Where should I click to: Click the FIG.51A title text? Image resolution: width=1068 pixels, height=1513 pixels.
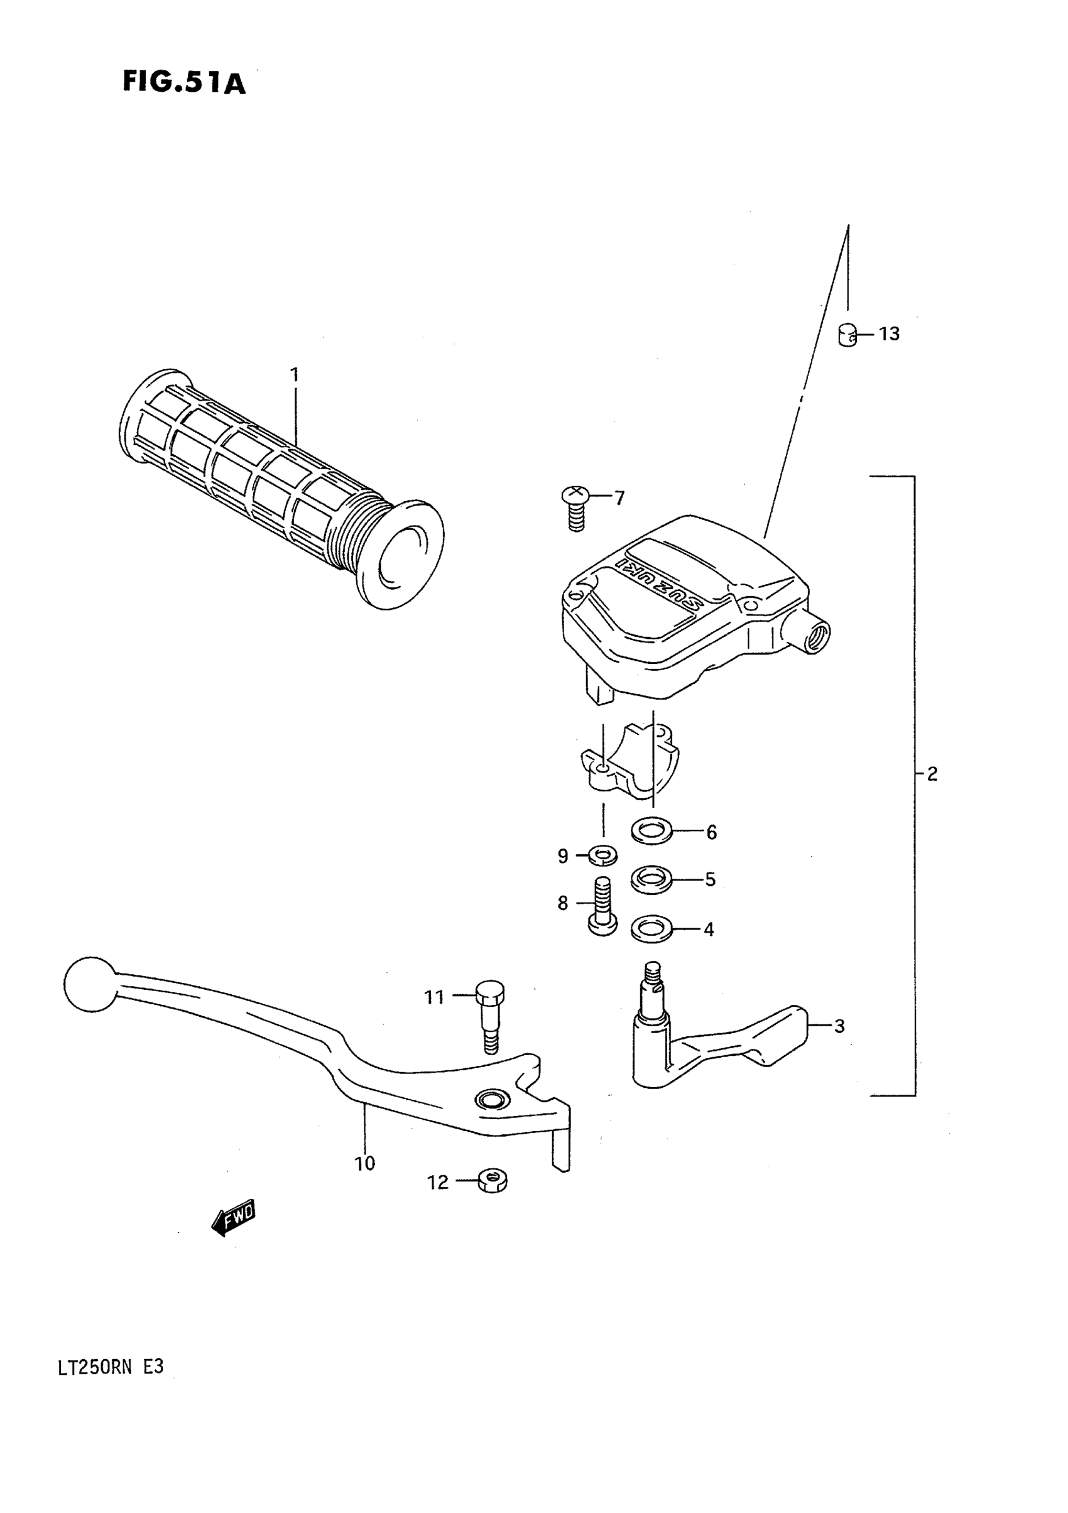(x=184, y=83)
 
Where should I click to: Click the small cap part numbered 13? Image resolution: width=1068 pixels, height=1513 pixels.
(x=847, y=335)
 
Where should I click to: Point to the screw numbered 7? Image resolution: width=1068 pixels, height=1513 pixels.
(x=575, y=508)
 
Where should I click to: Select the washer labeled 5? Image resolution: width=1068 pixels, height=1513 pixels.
(x=651, y=879)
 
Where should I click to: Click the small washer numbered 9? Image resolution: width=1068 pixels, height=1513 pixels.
(x=602, y=856)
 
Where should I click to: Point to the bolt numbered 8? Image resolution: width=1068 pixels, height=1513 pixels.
(x=602, y=906)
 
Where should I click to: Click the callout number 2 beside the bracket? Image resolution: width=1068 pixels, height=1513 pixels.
(x=932, y=774)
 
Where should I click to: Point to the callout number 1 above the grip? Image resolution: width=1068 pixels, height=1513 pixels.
(x=295, y=376)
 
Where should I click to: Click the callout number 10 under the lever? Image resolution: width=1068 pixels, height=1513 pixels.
(x=364, y=1164)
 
